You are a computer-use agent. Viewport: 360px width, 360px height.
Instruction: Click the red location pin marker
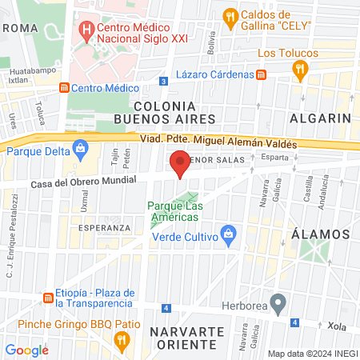pos(181,162)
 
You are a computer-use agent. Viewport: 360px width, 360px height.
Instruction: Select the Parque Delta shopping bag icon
pos(80,148)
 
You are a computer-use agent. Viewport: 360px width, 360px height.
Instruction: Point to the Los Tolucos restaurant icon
pos(300,70)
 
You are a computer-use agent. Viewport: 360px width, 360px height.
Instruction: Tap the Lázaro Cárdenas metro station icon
pos(262,74)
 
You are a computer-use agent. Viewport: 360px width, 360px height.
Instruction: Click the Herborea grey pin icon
pos(278,303)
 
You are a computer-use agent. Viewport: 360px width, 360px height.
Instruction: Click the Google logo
pos(26,350)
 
